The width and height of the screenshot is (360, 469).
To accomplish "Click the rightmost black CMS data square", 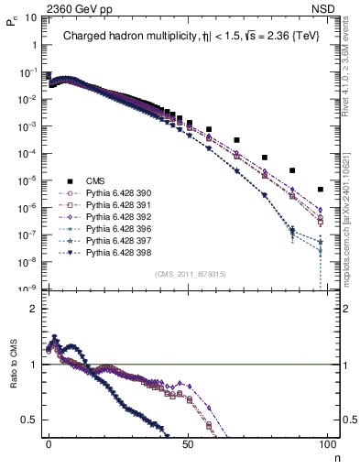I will coord(320,190).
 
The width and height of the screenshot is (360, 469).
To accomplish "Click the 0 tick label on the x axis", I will coord(49,442).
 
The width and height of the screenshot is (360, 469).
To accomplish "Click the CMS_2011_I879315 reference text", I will coord(187,274).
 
